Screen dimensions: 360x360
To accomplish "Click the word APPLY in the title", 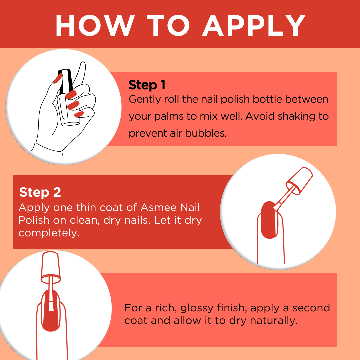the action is pyautogui.click(x=254, y=25).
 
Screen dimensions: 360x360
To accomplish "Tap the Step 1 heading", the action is pyautogui.click(x=147, y=85).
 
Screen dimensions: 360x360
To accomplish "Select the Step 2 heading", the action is pyautogui.click(x=40, y=192).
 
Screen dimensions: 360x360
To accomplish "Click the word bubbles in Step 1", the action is pyautogui.click(x=206, y=133).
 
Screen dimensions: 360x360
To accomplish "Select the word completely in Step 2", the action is pyautogui.click(x=49, y=233).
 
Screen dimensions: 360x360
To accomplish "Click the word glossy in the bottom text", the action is pyautogui.click(x=197, y=308).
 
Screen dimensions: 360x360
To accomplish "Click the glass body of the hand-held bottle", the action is pyautogui.click(x=68, y=110).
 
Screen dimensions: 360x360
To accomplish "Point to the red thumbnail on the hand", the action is pyautogui.click(x=58, y=78).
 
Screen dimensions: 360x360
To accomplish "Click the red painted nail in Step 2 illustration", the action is pyautogui.click(x=269, y=220).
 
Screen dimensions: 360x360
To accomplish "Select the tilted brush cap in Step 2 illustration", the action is pyautogui.click(x=299, y=181).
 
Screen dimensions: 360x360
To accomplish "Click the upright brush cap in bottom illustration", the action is pyautogui.click(x=51, y=267).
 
